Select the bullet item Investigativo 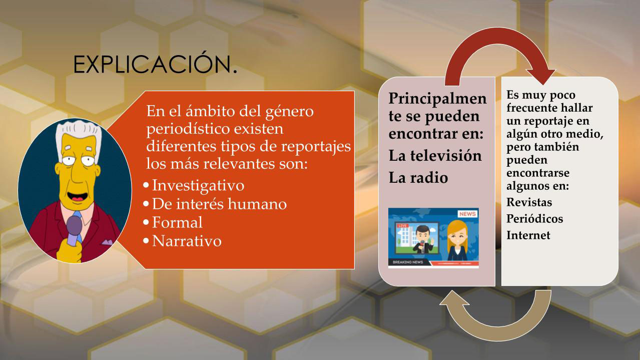click(x=198, y=185)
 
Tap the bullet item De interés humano click(x=219, y=204)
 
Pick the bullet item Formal click(x=177, y=222)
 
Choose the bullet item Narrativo click(x=187, y=241)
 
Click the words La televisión click(x=435, y=156)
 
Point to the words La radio click(x=418, y=178)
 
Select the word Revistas click(x=529, y=202)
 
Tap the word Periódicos click(x=534, y=219)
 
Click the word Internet click(x=528, y=235)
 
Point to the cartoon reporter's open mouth click(x=78, y=197)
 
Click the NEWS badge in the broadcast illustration click(x=467, y=214)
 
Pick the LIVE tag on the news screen click(x=403, y=226)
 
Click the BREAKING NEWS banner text click(x=408, y=262)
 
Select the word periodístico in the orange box click(x=188, y=129)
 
